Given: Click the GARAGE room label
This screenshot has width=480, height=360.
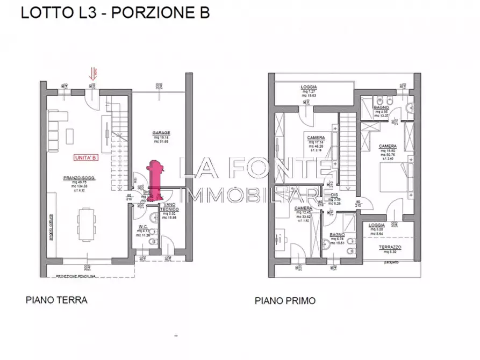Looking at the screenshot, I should coord(161,133).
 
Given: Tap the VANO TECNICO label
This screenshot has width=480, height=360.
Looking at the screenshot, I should coord(168,209).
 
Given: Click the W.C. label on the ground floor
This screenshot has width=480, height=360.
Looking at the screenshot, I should coord(144,226).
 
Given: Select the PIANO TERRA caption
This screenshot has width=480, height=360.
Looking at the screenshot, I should coord(56,300).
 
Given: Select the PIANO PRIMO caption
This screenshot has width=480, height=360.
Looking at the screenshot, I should coord(285,301).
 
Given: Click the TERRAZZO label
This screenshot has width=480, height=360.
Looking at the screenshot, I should coord(391,247).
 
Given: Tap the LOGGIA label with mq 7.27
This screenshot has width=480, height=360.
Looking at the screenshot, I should coord(309,87).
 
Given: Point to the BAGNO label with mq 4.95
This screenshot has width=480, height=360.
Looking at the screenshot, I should coord(382,107).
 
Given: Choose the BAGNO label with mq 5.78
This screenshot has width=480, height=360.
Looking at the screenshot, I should coord(338,235).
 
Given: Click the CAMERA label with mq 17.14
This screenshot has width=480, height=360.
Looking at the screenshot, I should coord(315,138).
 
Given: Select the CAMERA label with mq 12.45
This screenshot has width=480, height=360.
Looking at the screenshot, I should coord(302,208).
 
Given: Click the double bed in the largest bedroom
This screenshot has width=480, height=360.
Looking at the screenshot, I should coord(395,178).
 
